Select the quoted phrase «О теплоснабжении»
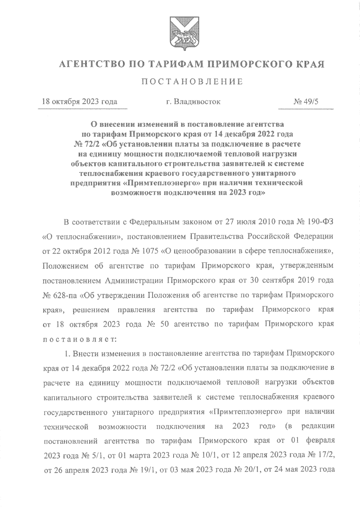[81, 237]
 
